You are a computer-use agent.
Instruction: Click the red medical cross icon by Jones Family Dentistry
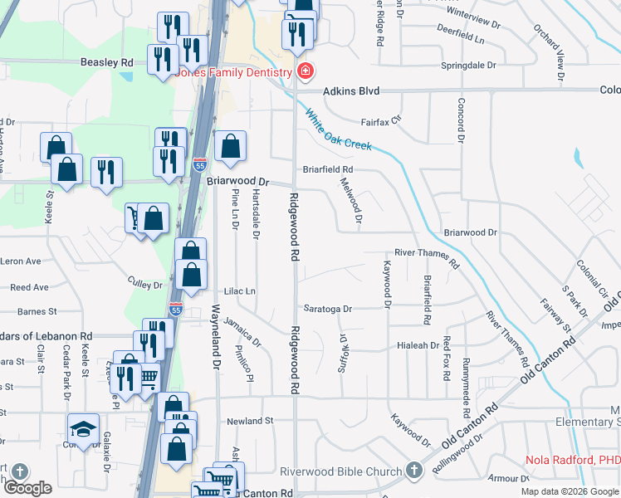point(306,71)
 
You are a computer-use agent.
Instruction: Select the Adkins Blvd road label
point(351,90)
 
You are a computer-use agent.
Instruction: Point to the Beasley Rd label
point(107,62)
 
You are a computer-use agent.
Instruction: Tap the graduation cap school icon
point(83,428)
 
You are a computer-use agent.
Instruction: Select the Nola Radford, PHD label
point(573,460)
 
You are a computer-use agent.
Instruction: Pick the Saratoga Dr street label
point(327,309)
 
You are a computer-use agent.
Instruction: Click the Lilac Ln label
point(239,292)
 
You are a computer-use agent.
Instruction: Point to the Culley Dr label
point(145,285)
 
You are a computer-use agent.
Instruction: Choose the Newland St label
point(250,422)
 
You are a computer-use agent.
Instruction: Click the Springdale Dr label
point(468,64)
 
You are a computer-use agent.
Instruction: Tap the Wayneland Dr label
point(216,337)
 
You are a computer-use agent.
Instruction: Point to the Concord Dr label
point(460,120)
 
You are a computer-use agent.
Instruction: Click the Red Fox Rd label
point(447,354)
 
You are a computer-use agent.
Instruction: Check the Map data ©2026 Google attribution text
point(569,491)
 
